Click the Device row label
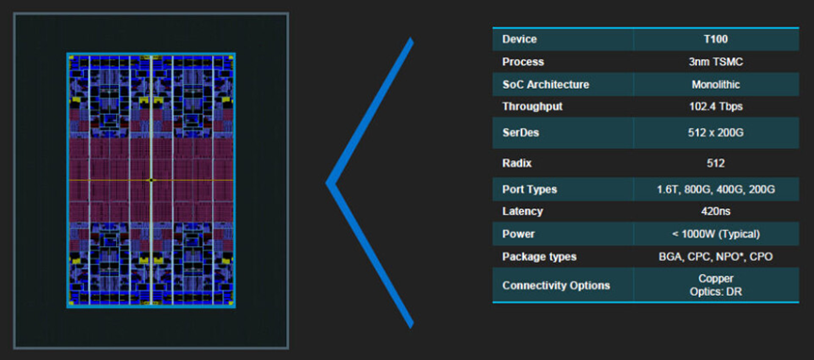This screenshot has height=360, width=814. (x=519, y=40)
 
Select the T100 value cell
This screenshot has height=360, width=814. (x=716, y=40)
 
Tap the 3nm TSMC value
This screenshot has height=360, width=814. (x=716, y=62)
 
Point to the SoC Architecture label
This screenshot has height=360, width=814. (x=545, y=85)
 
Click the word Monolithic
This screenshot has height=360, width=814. (x=716, y=85)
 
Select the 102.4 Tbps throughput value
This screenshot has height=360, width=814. (x=716, y=107)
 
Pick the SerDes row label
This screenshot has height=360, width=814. (x=521, y=133)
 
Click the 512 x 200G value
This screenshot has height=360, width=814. (x=716, y=133)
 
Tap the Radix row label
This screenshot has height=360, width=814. (x=517, y=164)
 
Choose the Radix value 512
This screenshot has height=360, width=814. (x=716, y=164)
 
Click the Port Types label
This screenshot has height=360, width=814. (x=529, y=189)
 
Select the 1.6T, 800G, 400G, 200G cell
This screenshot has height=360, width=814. (x=716, y=189)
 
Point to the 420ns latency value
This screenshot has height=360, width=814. (x=716, y=211)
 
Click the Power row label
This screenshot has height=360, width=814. (x=518, y=235)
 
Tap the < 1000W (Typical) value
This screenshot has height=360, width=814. (x=716, y=235)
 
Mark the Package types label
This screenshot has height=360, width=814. (x=540, y=257)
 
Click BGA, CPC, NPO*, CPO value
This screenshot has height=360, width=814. (x=716, y=257)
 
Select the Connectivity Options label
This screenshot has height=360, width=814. (x=556, y=286)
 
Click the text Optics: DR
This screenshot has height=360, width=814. (x=716, y=292)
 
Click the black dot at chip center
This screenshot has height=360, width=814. (x=151, y=180)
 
